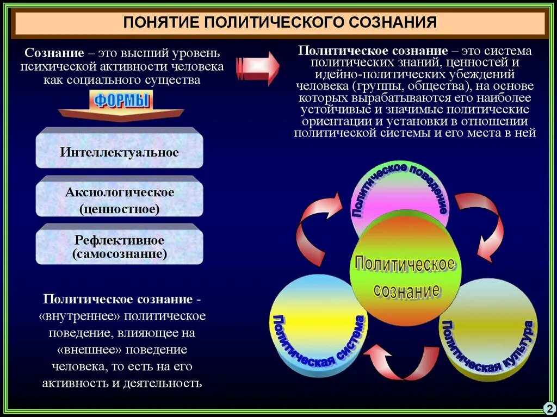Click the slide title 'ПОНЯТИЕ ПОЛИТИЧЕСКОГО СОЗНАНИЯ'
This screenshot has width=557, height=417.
pyautogui.click(x=280, y=23)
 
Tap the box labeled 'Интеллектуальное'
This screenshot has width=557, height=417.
pyautogui.click(x=119, y=152)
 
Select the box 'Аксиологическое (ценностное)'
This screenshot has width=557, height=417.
pyautogui.click(x=119, y=200)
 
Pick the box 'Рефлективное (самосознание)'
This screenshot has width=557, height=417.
pyautogui.click(x=119, y=246)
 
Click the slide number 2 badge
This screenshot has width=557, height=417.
pyautogui.click(x=548, y=407)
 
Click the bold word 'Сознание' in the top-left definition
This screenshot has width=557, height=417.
pyautogui.click(x=54, y=54)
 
